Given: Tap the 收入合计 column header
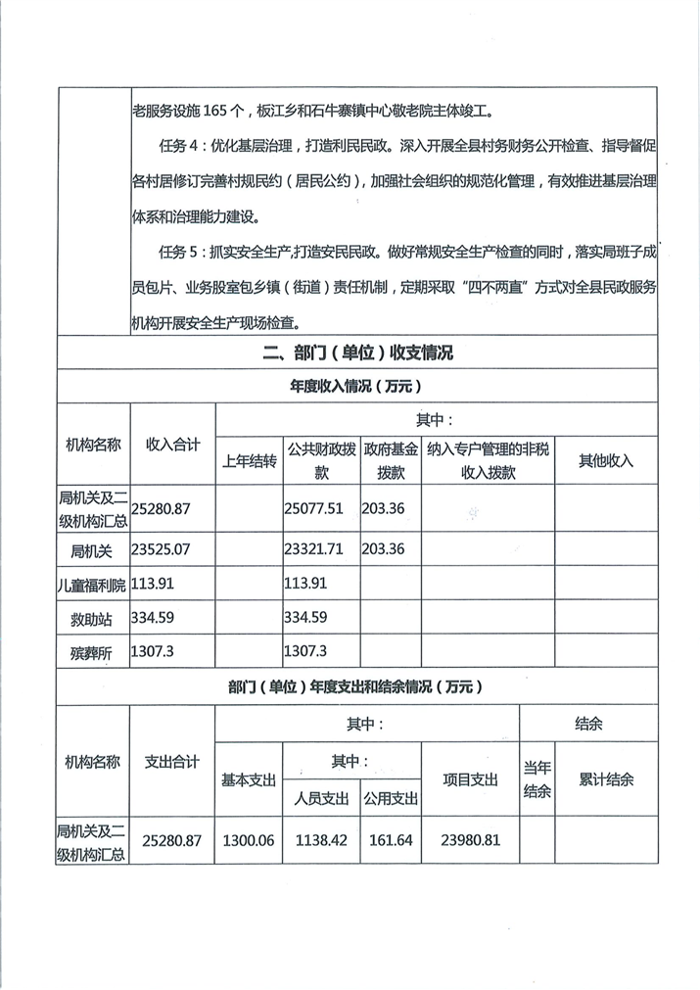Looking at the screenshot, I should (172, 445).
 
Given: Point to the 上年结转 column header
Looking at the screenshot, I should (251, 461).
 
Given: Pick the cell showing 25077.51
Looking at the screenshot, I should (313, 510).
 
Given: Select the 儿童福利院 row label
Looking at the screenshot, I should (93, 586).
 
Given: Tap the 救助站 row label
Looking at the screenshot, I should (93, 618).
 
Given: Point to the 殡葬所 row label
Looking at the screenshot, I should (93, 652).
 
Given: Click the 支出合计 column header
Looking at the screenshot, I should (172, 761).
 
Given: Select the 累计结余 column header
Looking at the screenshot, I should (606, 780).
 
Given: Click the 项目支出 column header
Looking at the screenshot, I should (470, 780).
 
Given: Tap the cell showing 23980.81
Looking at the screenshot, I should (470, 840).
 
